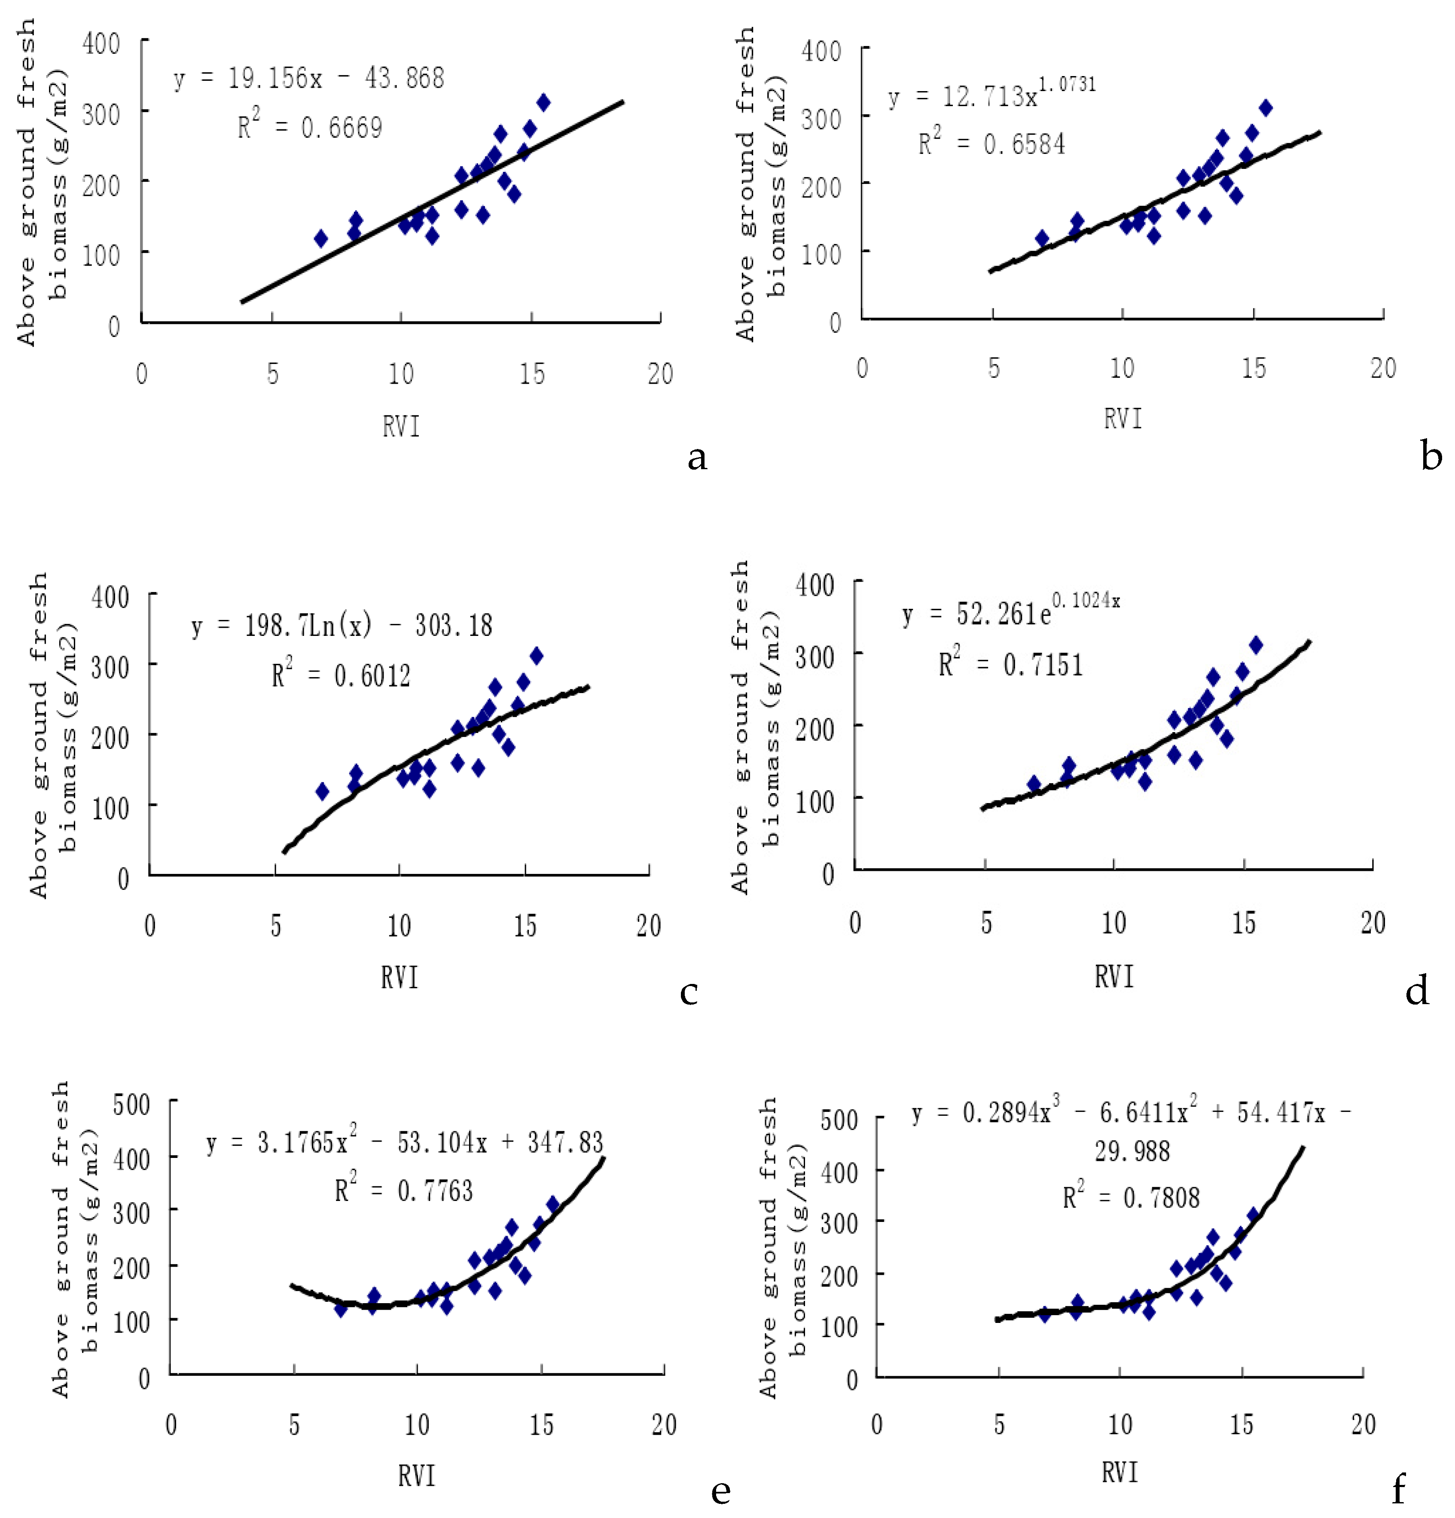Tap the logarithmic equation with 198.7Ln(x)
pos(342,626)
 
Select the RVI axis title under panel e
pos(417,1475)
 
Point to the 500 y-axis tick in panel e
pos(131,1104)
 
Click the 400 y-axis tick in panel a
pos(101,43)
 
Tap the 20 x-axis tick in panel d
pos(1372,922)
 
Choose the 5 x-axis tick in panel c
pos(276,926)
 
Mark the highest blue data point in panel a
pos(543,102)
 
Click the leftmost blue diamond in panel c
pos(322,791)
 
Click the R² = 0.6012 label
pos(341,675)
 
